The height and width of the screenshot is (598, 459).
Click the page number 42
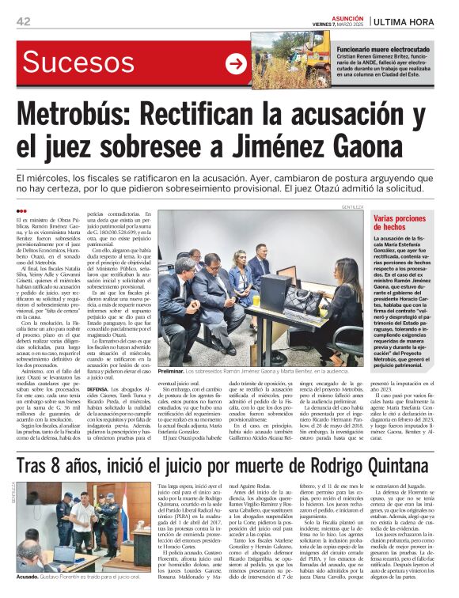pyautogui.click(x=23, y=21)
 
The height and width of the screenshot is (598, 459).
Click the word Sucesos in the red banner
pyautogui.click(x=71, y=62)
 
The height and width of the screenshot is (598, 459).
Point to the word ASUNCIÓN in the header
pyautogui.click(x=347, y=17)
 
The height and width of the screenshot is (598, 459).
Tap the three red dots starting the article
pyautogui.click(x=21, y=210)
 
